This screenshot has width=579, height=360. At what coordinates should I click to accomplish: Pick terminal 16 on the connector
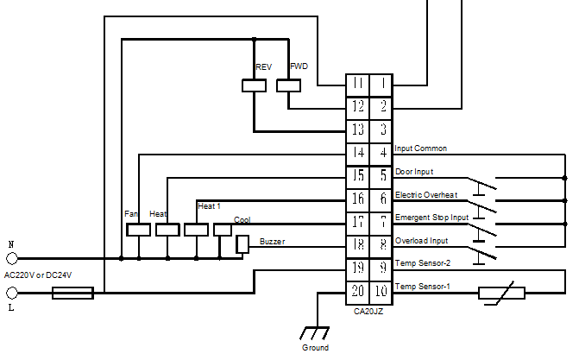[357, 200]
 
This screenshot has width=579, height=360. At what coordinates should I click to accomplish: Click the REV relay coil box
[254, 85]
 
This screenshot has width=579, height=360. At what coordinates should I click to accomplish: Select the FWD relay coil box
[289, 85]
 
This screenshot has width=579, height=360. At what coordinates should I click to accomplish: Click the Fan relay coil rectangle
[138, 230]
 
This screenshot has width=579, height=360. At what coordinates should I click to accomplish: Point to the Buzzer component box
[242, 244]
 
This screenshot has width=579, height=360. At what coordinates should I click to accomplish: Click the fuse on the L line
[72, 294]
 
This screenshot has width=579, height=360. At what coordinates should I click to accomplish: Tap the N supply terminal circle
[12, 258]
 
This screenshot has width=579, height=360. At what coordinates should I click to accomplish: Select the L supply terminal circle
[12, 294]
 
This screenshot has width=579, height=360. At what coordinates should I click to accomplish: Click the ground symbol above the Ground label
[315, 333]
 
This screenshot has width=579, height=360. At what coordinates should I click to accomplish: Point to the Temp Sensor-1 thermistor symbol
[501, 294]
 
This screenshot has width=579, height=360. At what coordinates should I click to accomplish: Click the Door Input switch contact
[482, 184]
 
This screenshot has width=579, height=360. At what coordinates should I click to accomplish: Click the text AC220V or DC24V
[38, 275]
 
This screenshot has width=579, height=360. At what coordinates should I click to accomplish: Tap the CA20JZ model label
[368, 312]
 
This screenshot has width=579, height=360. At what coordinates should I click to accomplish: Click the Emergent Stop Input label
[431, 218]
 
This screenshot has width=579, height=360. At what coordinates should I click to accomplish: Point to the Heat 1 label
[209, 206]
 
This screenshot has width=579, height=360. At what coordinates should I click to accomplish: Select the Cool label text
[242, 220]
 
